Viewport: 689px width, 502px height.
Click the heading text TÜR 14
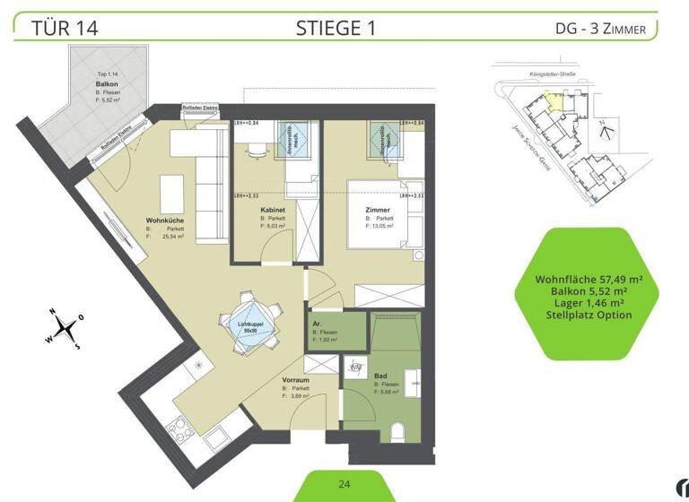64,28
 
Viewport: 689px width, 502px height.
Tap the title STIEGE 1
336,28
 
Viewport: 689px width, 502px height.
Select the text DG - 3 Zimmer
600,30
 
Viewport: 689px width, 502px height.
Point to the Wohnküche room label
166,221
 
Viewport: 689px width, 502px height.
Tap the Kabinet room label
274,210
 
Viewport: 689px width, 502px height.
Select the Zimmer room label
378,210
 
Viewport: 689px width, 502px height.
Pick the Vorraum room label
296,380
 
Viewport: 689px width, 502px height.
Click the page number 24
344,484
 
